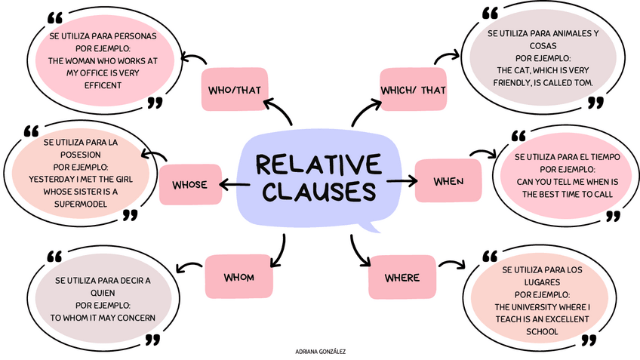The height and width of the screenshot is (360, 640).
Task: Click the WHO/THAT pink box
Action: point(234,91)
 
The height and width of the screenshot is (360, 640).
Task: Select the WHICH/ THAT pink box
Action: point(413,91)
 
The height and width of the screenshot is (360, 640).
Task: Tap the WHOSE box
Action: point(189,185)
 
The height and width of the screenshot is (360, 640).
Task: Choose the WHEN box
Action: point(448,181)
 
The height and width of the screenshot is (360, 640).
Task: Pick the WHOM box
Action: point(238,277)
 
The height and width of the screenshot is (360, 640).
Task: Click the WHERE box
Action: point(402,278)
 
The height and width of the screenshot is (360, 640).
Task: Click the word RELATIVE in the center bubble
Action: point(318,165)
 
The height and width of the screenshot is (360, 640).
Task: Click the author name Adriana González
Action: point(321,352)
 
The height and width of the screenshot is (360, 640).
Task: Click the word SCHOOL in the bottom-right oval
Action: point(542,331)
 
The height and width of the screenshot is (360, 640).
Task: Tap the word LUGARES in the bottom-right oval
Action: point(542,282)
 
